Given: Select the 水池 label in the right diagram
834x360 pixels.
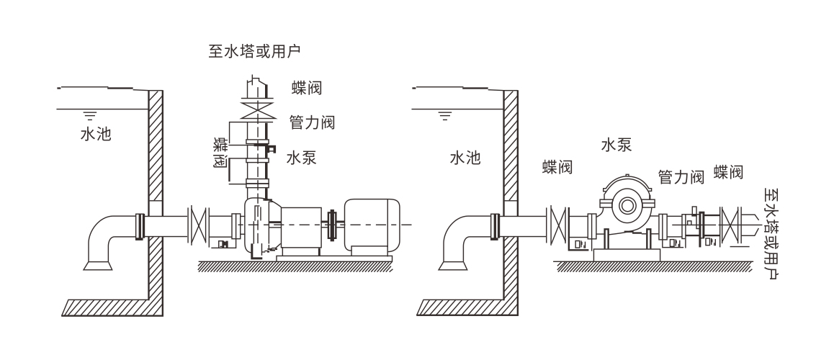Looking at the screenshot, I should click(x=465, y=158).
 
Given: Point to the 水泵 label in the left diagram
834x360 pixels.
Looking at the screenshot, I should click(x=301, y=157).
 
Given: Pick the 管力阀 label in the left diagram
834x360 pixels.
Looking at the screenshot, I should click(x=311, y=122).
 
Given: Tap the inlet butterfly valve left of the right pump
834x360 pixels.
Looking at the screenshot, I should click(x=558, y=224).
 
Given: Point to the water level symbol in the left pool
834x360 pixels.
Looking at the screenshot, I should click(x=89, y=114).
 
